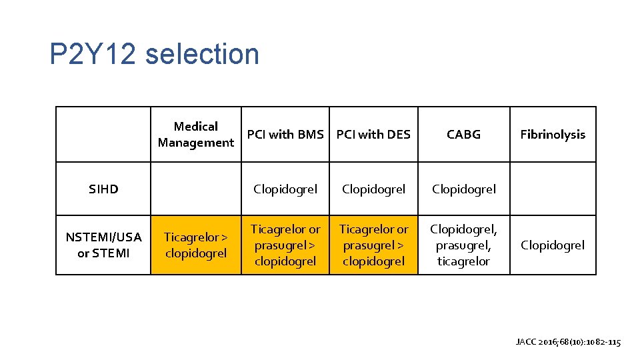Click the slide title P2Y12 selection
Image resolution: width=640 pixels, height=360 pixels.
point(154,54)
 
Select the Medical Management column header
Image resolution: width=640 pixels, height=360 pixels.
point(195,134)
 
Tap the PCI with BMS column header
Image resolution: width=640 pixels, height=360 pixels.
point(285,134)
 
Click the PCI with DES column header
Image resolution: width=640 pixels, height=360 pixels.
point(373,134)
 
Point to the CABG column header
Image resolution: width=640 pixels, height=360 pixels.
point(463,134)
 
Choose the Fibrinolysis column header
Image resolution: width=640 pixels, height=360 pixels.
point(553,134)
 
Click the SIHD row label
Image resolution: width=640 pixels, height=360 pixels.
point(103,189)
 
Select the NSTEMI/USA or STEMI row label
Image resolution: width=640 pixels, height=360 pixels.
point(103,245)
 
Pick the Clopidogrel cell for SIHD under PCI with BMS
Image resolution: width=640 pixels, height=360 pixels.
point(285,189)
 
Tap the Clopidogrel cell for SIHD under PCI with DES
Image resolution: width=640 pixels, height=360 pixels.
point(373,189)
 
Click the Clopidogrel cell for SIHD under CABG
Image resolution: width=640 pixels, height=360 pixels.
point(463,189)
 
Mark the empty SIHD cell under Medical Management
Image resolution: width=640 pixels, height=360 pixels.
point(195,189)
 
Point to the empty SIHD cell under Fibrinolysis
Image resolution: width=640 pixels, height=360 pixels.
point(553,189)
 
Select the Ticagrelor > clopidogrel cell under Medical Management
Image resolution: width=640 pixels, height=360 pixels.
point(195,245)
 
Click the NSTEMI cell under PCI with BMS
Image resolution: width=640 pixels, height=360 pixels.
point(285,245)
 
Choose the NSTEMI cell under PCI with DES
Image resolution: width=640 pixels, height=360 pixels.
point(373,245)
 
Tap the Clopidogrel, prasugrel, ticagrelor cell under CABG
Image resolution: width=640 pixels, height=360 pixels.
point(463,245)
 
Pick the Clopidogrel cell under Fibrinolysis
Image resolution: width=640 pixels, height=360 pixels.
point(553,245)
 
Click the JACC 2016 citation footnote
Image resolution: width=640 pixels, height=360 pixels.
point(568,342)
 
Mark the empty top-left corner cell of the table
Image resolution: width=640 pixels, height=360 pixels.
point(103,134)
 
